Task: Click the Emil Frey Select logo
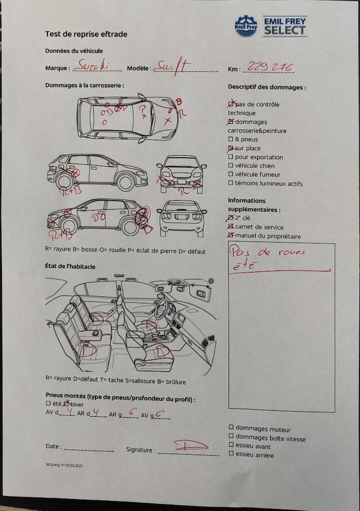271,26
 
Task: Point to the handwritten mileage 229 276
270,67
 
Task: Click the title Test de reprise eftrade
86,34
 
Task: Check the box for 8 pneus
231,139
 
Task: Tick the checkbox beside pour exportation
231,157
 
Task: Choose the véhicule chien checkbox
231,166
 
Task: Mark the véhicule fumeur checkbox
231,175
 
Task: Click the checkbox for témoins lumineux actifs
231,184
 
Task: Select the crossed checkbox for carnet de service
231,227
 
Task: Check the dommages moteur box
231,428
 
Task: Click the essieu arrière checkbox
231,454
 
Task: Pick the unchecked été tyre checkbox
48,403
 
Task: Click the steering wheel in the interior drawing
161,309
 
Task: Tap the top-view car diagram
128,118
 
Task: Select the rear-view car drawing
182,218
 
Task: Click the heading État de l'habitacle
70,266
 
